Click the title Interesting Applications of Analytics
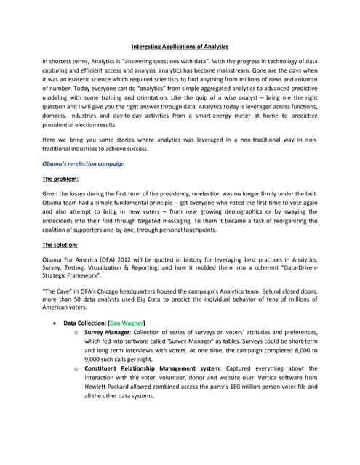[179, 46]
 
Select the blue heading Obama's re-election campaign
[84, 163]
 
